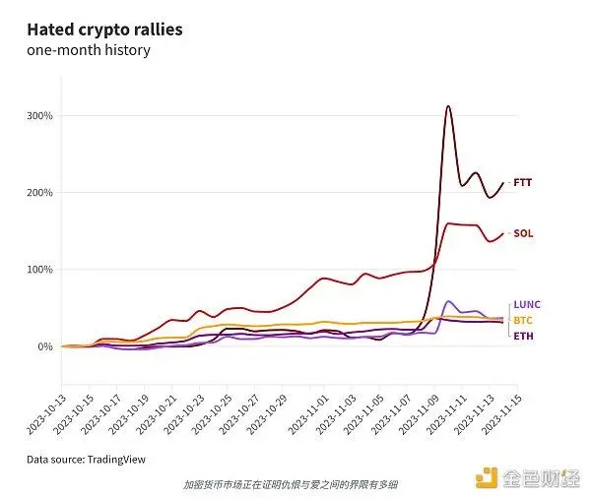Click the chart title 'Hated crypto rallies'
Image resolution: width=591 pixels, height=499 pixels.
[x=104, y=30]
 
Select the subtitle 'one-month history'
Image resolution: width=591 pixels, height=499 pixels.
[x=89, y=50]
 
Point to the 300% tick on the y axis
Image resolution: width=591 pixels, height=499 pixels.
[x=39, y=116]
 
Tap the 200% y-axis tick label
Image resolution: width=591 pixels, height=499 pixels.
[x=39, y=193]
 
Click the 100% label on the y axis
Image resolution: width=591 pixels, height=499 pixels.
[x=39, y=270]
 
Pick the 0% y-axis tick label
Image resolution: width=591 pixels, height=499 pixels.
[x=45, y=346]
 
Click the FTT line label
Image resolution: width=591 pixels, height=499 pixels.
[x=523, y=183]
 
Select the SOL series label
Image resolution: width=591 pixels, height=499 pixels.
[x=523, y=234]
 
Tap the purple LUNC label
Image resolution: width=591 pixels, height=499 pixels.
[x=527, y=305]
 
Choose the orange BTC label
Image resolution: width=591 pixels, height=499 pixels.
[x=523, y=321]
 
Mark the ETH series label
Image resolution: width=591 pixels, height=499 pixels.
[x=523, y=337]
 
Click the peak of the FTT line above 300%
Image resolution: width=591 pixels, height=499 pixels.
[x=448, y=106]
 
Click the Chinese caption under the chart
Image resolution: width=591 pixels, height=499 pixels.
[x=291, y=484]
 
